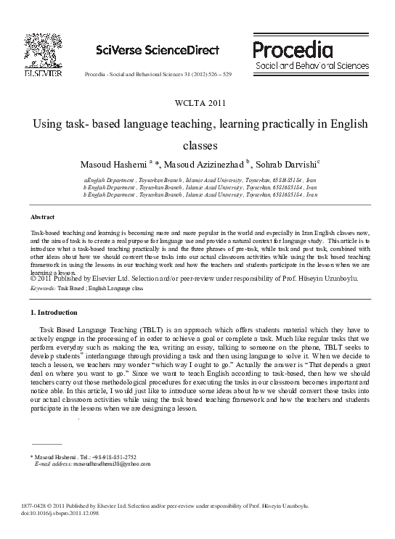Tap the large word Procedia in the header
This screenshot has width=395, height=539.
[293, 49]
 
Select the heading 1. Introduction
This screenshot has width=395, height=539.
[54, 312]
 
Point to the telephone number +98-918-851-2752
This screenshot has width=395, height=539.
[113, 457]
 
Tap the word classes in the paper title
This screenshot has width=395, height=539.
[197, 144]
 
